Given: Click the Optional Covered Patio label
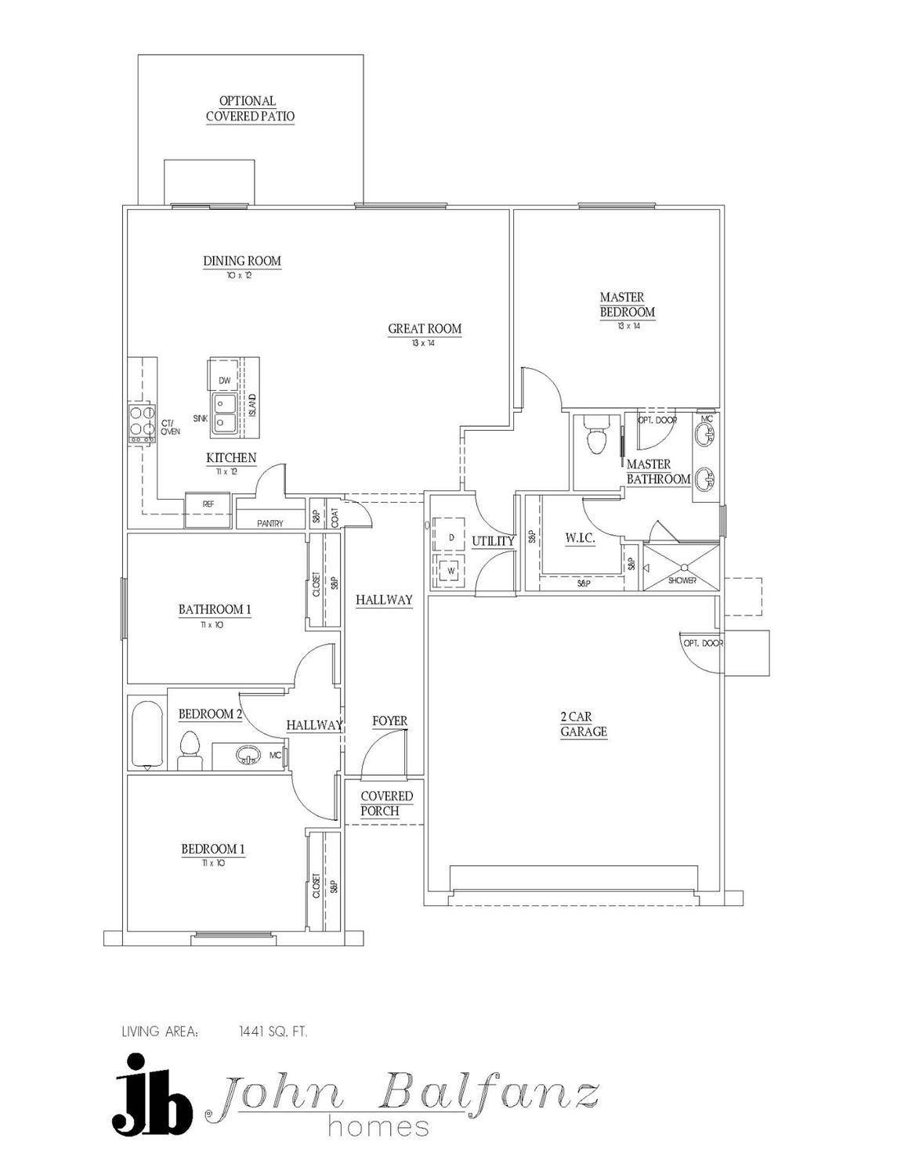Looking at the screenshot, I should [250, 109].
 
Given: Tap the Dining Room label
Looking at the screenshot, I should [242, 261].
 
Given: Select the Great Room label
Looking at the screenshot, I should [425, 329].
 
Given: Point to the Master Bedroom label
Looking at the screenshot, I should [627, 305].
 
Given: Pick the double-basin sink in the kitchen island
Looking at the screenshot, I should [225, 412].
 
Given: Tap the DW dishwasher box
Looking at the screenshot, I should [225, 380].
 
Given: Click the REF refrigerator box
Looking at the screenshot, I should [208, 505].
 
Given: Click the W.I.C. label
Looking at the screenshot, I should [581, 539].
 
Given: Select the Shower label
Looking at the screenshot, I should [682, 580].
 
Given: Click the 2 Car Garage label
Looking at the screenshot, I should [584, 724].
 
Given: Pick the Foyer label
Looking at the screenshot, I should [389, 721].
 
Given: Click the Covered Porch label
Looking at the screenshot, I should [386, 804].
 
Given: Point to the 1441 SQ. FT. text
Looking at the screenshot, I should [273, 1031].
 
